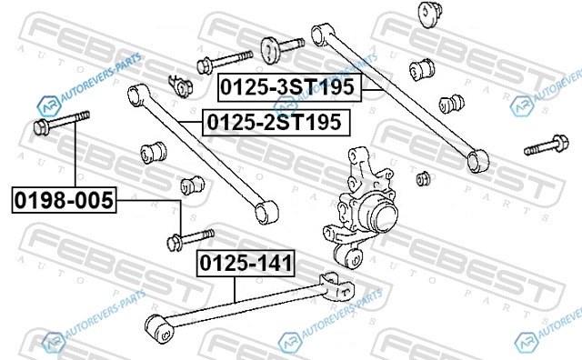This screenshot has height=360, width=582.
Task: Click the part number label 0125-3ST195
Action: coord(289,87)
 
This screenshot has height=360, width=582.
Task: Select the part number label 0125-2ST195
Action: coord(276,123)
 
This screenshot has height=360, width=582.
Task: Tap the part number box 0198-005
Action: coord(64,200)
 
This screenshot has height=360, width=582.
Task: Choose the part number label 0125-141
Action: coord(246,264)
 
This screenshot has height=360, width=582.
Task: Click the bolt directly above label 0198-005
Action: coord(61,122)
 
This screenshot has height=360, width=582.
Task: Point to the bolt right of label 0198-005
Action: coord(190,240)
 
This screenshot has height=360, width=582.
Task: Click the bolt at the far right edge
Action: coord(547,145)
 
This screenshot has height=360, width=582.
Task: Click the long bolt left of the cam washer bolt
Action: coord(225,62)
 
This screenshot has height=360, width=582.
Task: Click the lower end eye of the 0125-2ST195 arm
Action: coord(266,212)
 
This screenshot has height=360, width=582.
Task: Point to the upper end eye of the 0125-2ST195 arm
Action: coord(138,95)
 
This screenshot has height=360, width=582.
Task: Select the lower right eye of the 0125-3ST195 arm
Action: coord(478,161)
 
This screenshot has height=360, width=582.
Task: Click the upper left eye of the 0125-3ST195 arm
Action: coord(322,35)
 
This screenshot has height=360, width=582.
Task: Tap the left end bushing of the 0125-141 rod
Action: coord(159,328)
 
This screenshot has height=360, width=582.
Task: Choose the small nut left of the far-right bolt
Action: coord(423,178)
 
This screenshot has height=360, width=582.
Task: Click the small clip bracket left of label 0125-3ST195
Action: coord(180,86)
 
